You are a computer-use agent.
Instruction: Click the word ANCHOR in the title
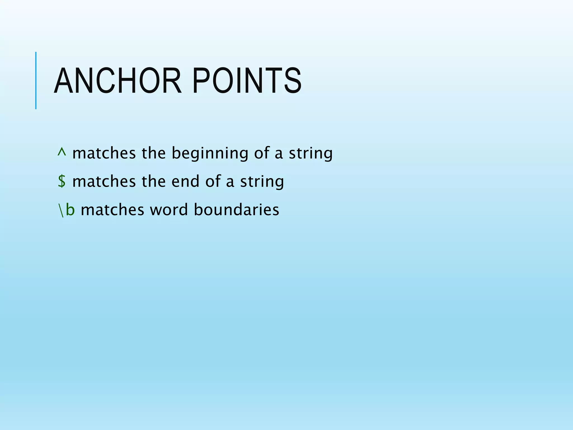point(118,81)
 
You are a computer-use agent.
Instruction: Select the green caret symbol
point(62,152)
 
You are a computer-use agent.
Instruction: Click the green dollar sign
point(62,181)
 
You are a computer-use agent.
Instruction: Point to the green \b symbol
point(66,210)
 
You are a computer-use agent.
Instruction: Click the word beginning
point(210,154)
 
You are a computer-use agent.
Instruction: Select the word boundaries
point(236,210)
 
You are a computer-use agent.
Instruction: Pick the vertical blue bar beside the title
point(36,80)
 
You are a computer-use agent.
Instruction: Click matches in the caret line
point(104,153)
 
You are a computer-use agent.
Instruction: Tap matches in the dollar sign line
point(104,181)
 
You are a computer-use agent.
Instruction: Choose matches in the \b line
point(112,210)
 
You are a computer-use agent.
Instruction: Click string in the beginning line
point(311,154)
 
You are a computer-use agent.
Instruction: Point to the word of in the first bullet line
point(261,153)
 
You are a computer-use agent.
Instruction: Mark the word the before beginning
point(154,153)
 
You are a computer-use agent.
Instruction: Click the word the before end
point(154,181)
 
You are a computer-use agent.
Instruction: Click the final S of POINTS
point(293,81)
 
